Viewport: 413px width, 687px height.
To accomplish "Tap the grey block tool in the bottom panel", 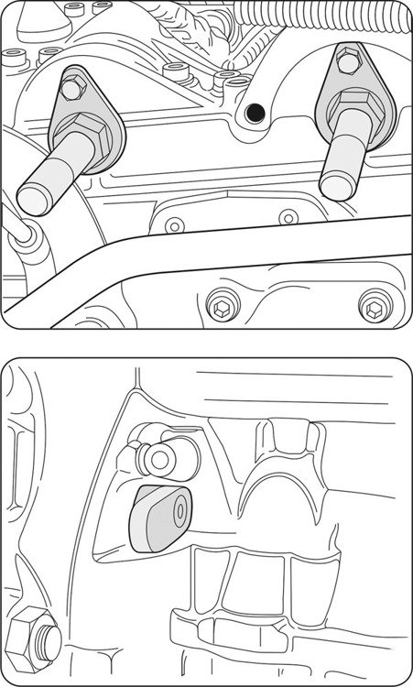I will click(160, 518).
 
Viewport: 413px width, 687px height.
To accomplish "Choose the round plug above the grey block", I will click(164, 455).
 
